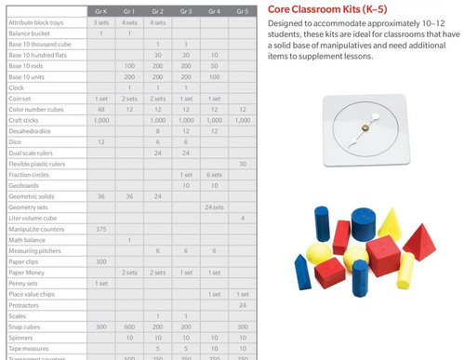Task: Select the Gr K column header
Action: click(x=101, y=10)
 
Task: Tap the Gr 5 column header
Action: click(x=242, y=10)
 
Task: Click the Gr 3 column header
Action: click(x=186, y=10)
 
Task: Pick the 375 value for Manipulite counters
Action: click(x=101, y=229)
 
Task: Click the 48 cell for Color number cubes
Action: click(x=101, y=109)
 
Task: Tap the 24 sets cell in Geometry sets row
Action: click(x=214, y=207)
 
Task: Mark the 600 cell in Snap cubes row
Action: click(x=129, y=327)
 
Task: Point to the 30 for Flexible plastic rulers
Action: click(x=242, y=164)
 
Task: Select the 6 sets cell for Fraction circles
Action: click(x=214, y=175)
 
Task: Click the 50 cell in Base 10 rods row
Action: click(x=214, y=65)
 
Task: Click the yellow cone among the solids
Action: click(x=388, y=222)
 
